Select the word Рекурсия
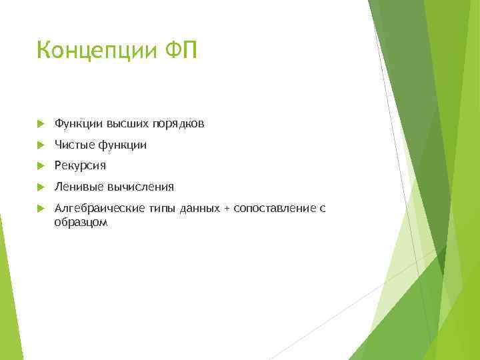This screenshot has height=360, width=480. (80, 165)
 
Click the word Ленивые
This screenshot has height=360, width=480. (76, 187)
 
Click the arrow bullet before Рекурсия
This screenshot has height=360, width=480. (41, 166)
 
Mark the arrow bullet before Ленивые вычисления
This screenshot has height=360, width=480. (41, 187)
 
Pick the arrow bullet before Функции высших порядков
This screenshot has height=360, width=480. (41, 124)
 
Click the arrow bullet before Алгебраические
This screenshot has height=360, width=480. (41, 209)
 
